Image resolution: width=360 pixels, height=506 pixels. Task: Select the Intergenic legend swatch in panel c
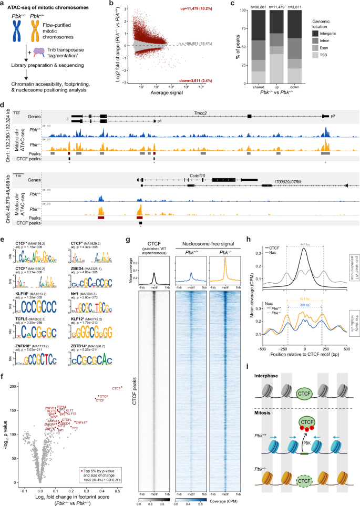[318, 27]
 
